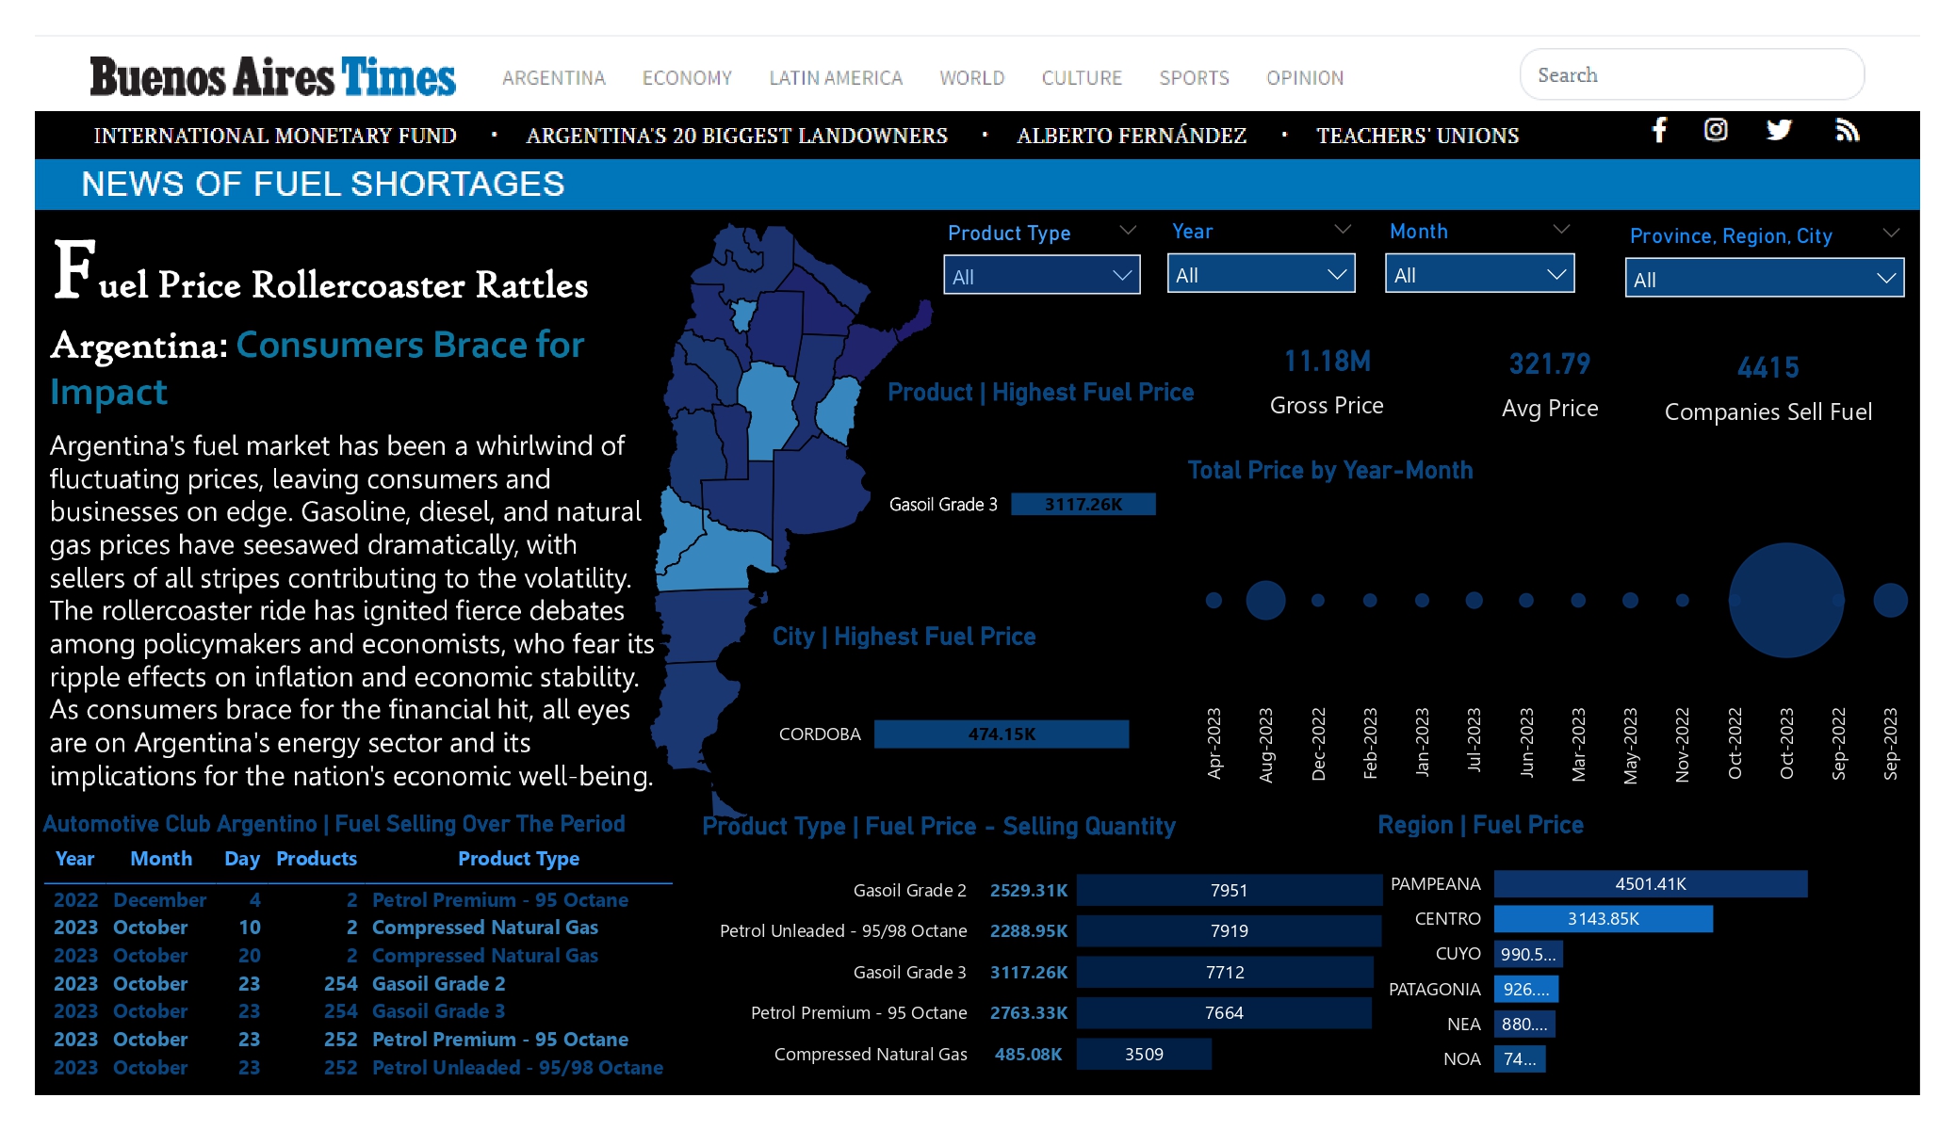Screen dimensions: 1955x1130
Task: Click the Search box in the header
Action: tap(1691, 74)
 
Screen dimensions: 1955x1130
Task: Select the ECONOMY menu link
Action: tap(687, 78)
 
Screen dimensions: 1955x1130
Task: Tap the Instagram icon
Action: tap(1716, 130)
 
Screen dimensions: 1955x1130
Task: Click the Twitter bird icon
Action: tap(1779, 130)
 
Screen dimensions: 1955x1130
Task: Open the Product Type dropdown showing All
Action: tap(1042, 276)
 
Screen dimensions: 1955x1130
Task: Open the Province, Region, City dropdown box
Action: tap(1765, 279)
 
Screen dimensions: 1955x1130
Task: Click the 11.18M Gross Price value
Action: tap(1328, 361)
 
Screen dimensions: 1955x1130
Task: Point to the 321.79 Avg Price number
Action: tap(1550, 363)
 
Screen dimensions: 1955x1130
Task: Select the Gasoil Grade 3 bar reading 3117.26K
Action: tap(1083, 505)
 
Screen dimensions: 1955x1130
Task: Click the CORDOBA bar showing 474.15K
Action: tap(1002, 734)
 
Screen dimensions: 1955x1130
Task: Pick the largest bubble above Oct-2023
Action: tap(1786, 600)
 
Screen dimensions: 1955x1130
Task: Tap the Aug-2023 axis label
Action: tap(1266, 744)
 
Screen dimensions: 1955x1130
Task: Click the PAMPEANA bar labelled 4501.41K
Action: tap(1651, 884)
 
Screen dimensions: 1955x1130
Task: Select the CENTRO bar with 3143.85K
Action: tap(1604, 919)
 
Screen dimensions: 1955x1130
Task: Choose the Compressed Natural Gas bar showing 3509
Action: tap(1144, 1055)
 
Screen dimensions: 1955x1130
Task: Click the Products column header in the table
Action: tap(317, 859)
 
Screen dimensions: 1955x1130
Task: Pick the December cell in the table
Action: tap(160, 900)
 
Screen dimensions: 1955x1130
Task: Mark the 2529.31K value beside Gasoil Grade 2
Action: tap(1029, 891)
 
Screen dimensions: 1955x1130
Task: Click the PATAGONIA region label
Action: tap(1435, 990)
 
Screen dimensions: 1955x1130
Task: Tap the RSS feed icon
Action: tap(1848, 130)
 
